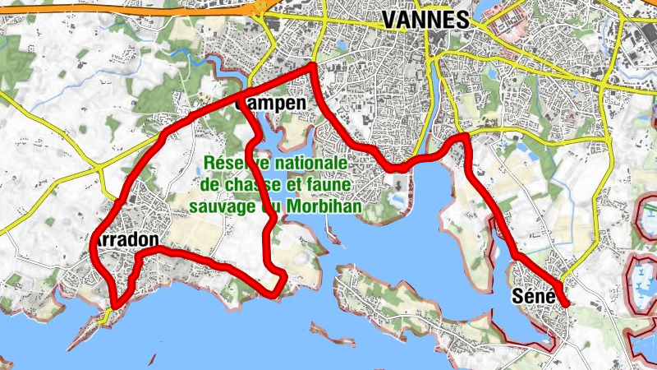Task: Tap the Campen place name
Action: click(x=270, y=104)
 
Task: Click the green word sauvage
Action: click(x=223, y=206)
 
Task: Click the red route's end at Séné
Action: click(x=567, y=304)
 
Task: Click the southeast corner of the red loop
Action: click(x=283, y=284)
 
